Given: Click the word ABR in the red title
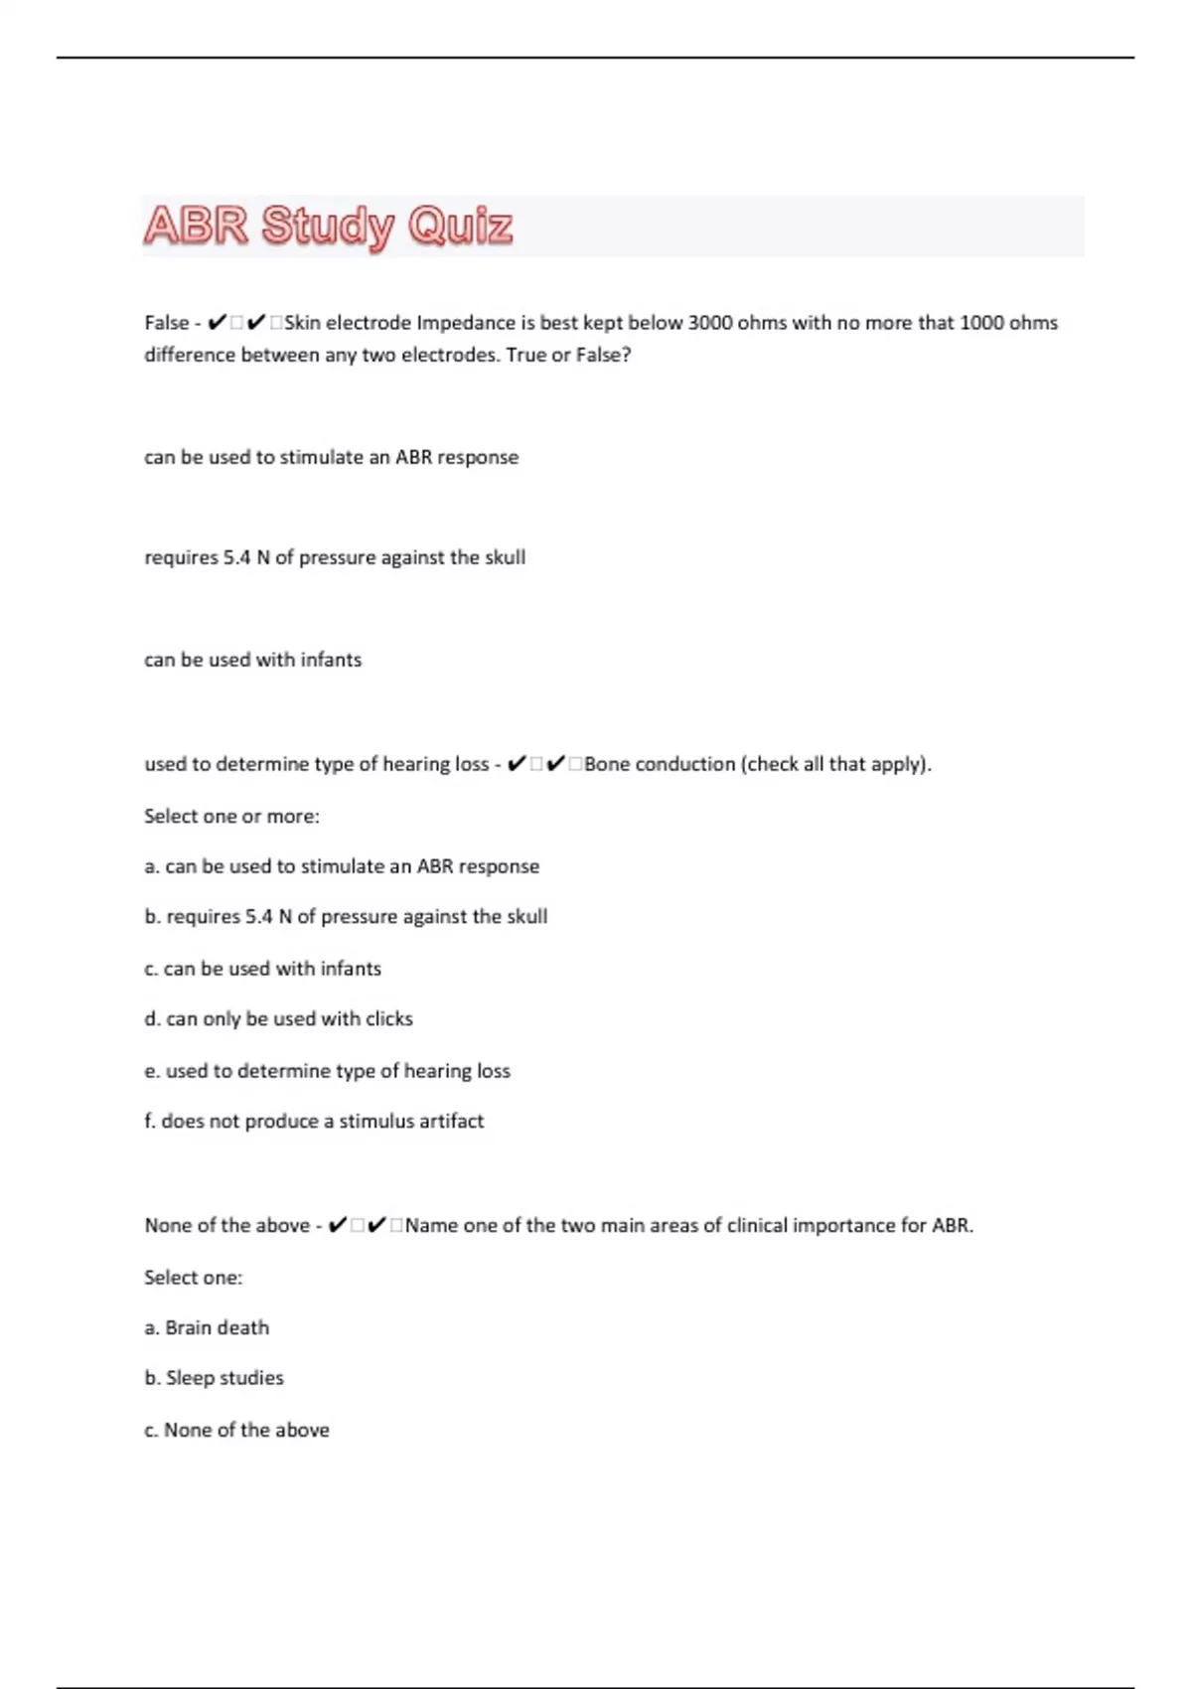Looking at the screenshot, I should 196,226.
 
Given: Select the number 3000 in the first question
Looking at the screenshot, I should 710,323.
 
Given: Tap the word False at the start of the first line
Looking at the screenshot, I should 166,323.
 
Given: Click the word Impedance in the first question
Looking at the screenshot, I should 467,323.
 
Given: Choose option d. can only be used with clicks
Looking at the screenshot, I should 278,1019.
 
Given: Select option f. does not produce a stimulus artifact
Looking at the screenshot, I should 314,1122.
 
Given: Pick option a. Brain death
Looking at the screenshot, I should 207,1328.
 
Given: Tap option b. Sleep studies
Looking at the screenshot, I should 214,1378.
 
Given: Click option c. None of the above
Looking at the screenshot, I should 236,1431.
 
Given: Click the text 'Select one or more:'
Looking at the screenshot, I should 231,817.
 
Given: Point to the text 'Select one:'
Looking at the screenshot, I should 193,1278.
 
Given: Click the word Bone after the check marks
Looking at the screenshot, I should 607,764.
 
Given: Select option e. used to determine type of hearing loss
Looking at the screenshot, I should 327,1071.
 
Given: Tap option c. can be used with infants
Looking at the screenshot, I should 262,969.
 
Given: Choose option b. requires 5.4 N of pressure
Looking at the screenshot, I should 346,917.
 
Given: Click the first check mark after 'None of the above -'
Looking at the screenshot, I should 338,1226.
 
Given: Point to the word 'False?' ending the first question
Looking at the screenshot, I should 603,355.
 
